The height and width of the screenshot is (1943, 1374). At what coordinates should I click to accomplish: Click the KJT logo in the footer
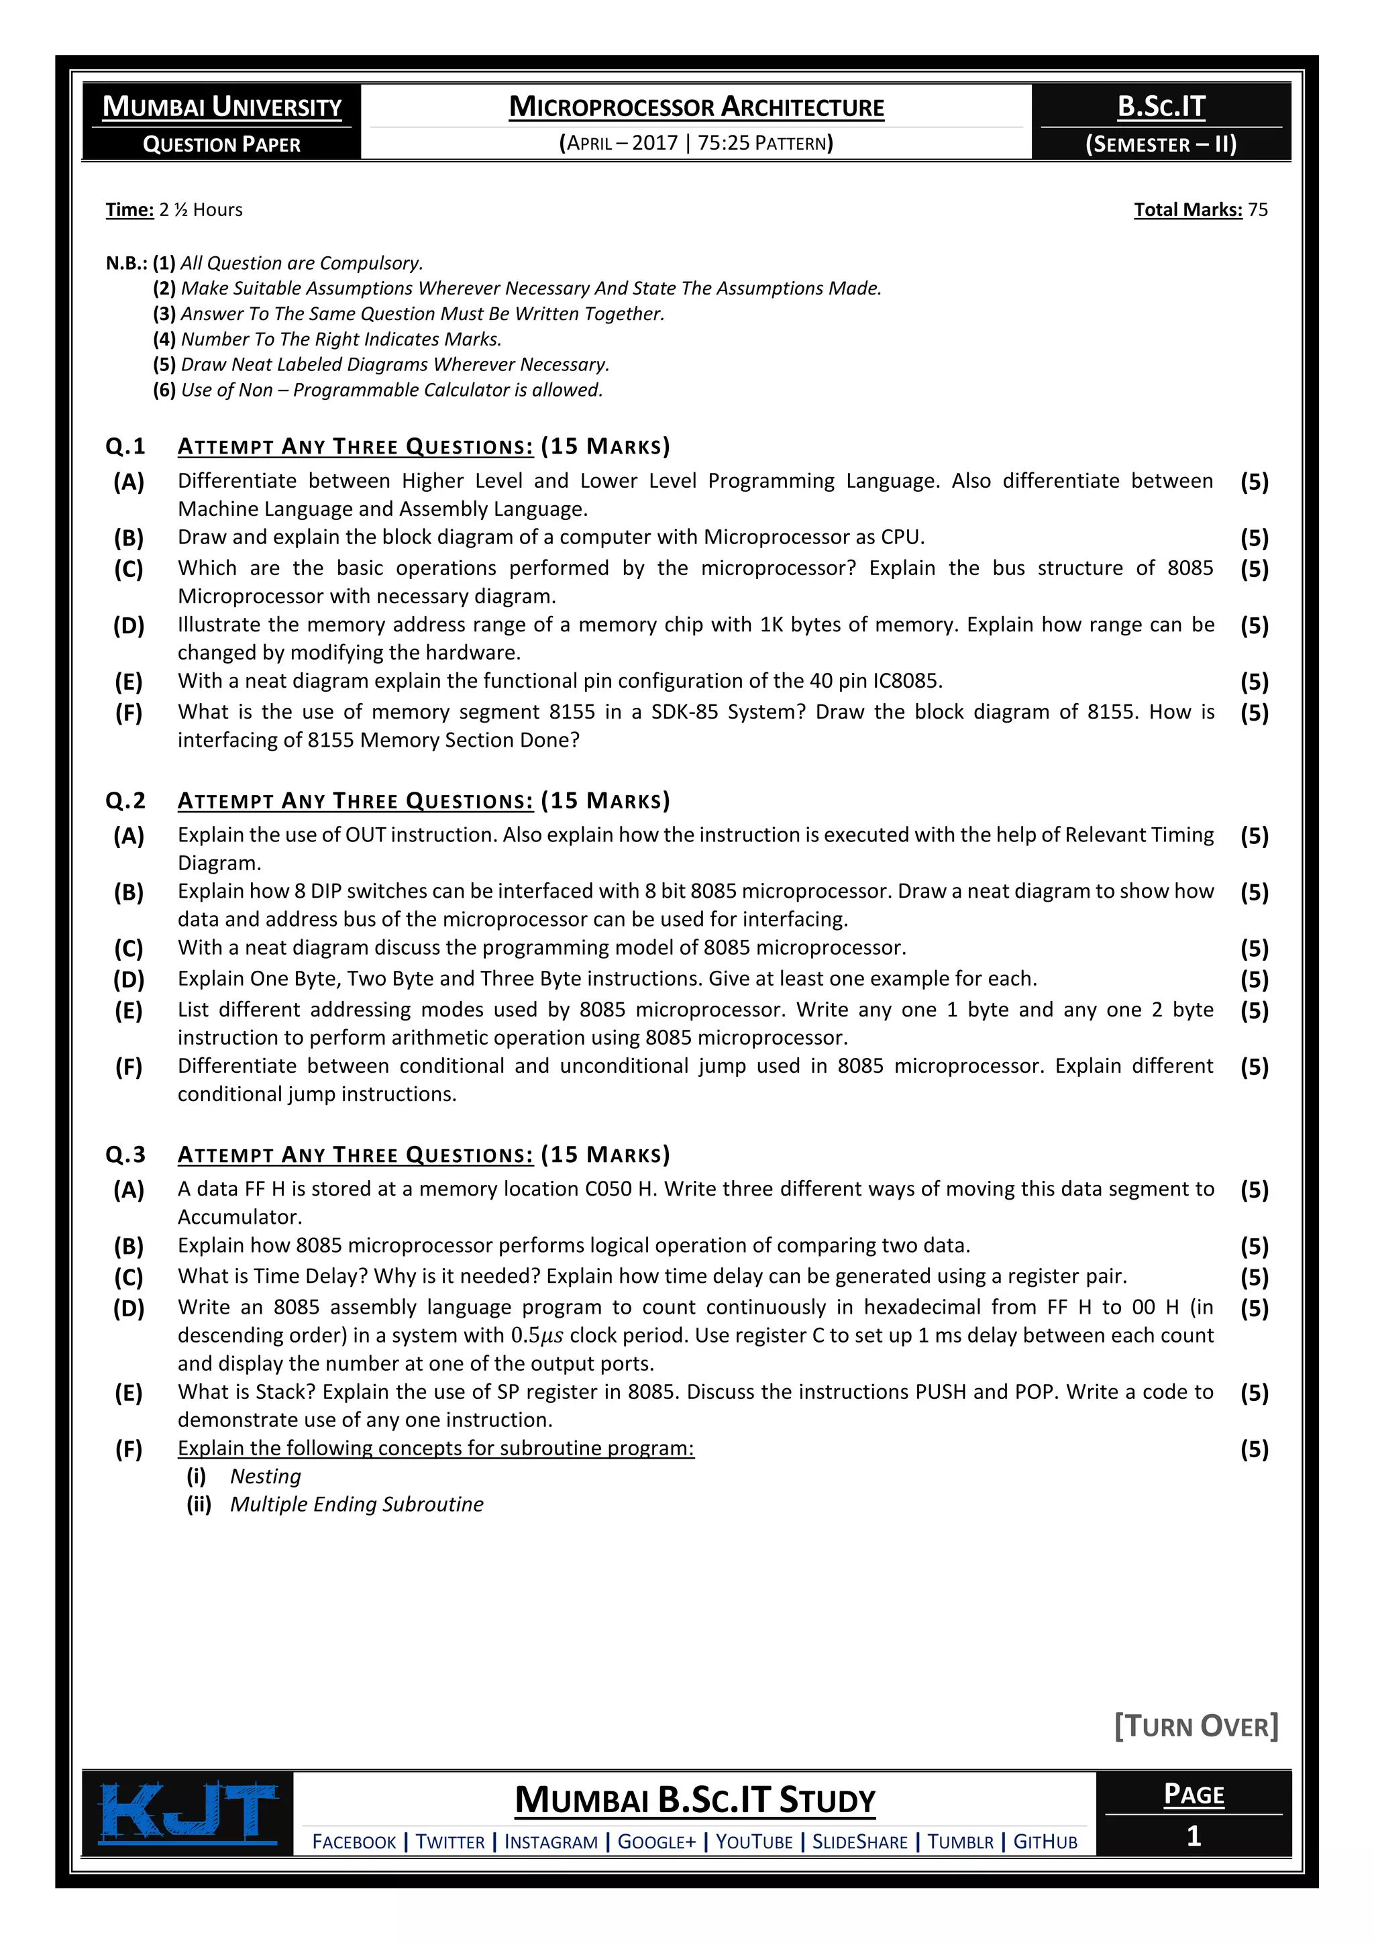pos(189,1814)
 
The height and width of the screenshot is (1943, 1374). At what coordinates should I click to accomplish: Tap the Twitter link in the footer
pos(450,1842)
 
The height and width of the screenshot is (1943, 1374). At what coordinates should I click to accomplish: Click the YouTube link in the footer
pos(754,1842)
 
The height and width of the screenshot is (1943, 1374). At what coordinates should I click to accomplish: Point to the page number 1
pos(1193,1836)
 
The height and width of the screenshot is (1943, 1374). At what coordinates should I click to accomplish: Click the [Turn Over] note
pos(1196,1726)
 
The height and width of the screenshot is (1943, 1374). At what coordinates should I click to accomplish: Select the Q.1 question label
pos(125,446)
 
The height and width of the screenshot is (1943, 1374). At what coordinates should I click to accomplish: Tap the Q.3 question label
pos(125,1154)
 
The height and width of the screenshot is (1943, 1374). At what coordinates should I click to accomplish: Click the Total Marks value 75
pos(1257,210)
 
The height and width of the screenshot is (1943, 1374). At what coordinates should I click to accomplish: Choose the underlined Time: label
pos(129,210)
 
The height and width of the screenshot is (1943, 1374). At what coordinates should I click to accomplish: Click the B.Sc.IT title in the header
pos(1161,107)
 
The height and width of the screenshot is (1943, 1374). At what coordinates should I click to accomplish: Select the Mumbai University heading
pos(221,107)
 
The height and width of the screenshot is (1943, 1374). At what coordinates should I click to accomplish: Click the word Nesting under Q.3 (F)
pos(265,1476)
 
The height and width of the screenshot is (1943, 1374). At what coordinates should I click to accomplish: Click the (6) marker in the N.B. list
pos(164,390)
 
